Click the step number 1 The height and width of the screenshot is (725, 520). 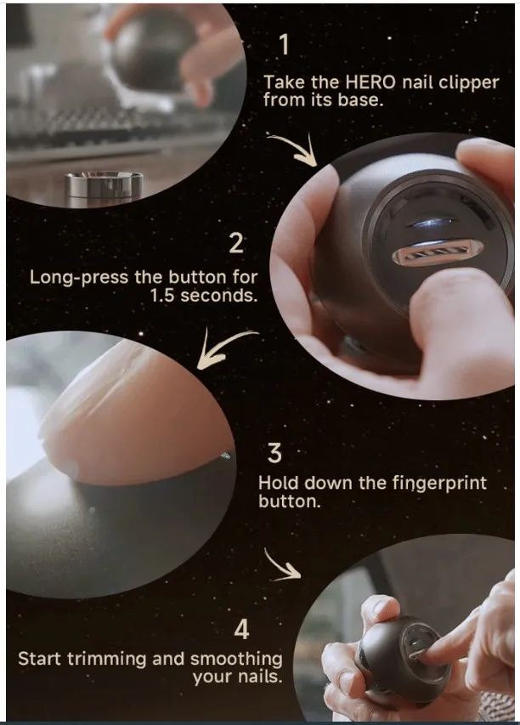284,44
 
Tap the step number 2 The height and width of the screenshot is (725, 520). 237,243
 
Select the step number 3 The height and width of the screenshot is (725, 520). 274,453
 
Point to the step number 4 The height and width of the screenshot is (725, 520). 242,630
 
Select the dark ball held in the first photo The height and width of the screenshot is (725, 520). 153,51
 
